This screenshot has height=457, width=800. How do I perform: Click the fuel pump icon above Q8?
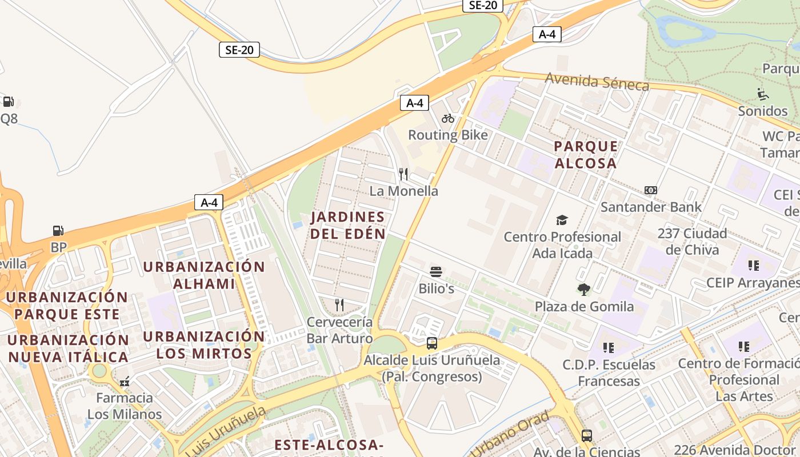point(8,102)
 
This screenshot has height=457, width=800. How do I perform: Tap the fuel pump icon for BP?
point(58,231)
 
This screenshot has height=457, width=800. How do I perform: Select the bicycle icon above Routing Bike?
point(448,118)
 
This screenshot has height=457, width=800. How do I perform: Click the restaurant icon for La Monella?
point(403,174)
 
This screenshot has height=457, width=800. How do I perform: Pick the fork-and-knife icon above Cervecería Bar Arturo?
point(339,305)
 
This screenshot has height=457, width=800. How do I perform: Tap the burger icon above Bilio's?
point(436,271)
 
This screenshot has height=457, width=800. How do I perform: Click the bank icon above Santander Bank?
point(650,190)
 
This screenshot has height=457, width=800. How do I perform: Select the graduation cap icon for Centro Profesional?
point(562,220)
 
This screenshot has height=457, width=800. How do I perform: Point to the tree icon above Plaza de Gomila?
point(583,290)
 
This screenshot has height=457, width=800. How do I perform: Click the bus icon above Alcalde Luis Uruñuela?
point(432,343)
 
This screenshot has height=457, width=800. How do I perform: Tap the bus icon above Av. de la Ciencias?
point(586,436)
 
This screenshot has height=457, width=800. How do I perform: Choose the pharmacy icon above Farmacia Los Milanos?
point(125,381)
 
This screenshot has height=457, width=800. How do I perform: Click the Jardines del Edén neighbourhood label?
point(347,225)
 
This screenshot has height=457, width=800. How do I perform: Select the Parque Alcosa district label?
point(586,154)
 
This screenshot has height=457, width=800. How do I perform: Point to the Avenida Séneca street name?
point(597,81)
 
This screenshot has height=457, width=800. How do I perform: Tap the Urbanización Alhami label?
point(204,275)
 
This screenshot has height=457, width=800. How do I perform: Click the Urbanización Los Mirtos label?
point(204,344)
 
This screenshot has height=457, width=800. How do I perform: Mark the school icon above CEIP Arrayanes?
point(753,266)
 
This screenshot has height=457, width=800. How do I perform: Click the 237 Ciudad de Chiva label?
point(692,242)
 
